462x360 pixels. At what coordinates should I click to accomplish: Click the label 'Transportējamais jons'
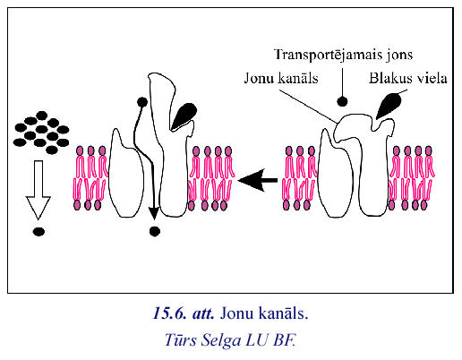[343, 55]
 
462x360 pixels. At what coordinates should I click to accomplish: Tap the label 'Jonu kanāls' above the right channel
[281, 78]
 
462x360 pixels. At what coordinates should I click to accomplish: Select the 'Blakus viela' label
[408, 78]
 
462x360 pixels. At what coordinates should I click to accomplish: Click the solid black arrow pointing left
[258, 180]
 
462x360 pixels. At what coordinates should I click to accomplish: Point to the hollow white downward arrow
[38, 190]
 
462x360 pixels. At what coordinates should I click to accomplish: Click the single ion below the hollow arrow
[38, 231]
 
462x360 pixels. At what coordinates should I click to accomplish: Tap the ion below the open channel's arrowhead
[155, 231]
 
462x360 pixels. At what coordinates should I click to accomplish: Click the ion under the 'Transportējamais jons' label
[342, 101]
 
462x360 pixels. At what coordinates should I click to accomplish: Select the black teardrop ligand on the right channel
[389, 106]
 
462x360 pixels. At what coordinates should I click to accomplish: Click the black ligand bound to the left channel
[184, 116]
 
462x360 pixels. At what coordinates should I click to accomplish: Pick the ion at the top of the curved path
[142, 102]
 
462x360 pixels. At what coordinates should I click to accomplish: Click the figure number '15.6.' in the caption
[170, 313]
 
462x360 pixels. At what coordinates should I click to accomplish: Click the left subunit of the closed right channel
[336, 176]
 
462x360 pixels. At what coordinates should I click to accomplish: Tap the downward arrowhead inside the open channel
[154, 213]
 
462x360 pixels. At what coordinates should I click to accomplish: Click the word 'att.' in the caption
[203, 313]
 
